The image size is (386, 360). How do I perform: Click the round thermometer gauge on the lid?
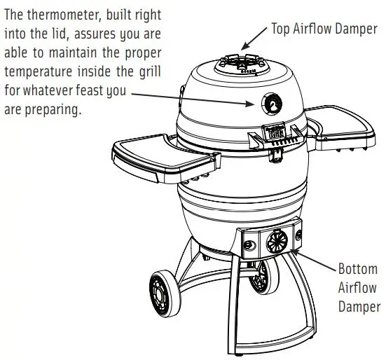(x=270, y=103)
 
